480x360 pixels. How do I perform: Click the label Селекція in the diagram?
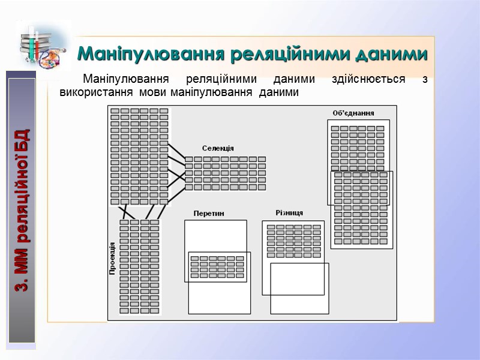[x=218, y=148]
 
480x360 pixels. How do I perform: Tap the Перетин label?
[x=209, y=213]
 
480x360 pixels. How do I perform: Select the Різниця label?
[x=289, y=213]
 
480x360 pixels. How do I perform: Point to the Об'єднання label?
[x=353, y=113]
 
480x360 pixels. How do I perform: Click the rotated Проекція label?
[x=112, y=258]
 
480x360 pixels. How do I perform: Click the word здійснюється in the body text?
[x=368, y=79]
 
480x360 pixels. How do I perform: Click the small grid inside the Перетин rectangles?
[x=217, y=266]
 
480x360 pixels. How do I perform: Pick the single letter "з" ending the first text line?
[x=425, y=79]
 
